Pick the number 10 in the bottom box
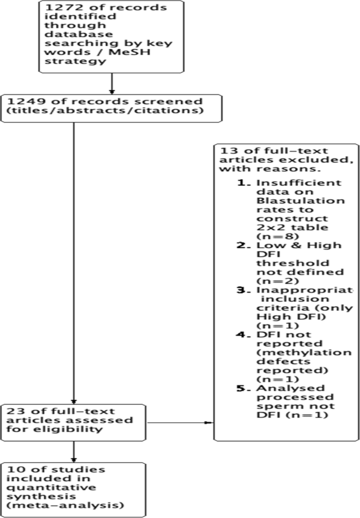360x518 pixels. pyautogui.click(x=15, y=469)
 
